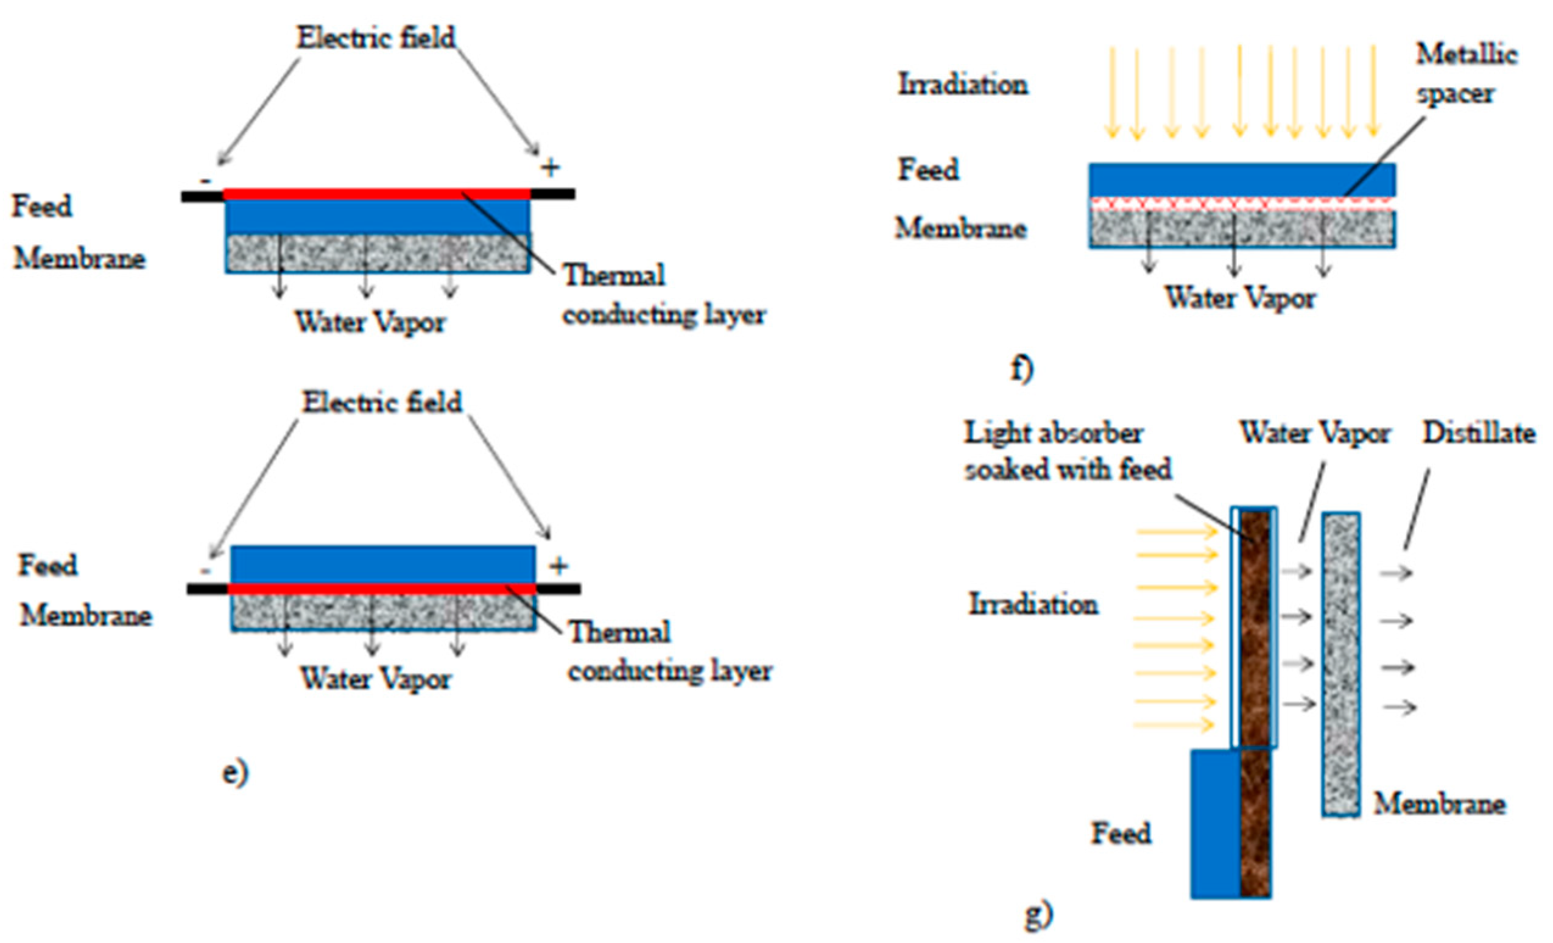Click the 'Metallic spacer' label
point(1466,74)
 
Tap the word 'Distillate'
point(1479,434)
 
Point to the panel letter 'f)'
point(1023,369)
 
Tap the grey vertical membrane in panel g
point(1341,665)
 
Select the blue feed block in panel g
point(1216,823)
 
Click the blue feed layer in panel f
point(1242,180)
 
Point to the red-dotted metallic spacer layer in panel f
point(1242,203)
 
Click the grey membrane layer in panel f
point(1242,230)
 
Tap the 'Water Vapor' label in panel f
point(1241,297)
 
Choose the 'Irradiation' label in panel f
point(963,84)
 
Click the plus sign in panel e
point(558,566)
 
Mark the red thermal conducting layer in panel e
point(382,588)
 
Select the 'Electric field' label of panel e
point(382,402)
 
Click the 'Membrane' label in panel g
point(1440,803)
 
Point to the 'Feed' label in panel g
point(1121,833)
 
